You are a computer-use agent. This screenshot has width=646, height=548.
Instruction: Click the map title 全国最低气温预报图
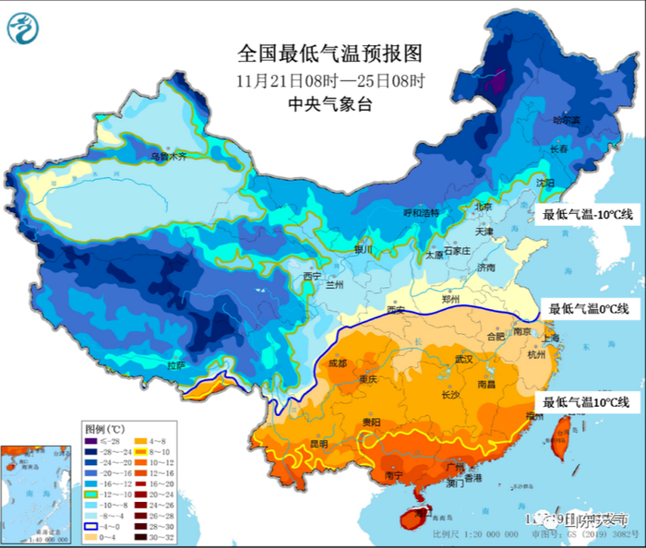point(322,54)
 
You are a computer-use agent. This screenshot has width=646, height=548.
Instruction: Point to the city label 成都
point(339,363)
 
